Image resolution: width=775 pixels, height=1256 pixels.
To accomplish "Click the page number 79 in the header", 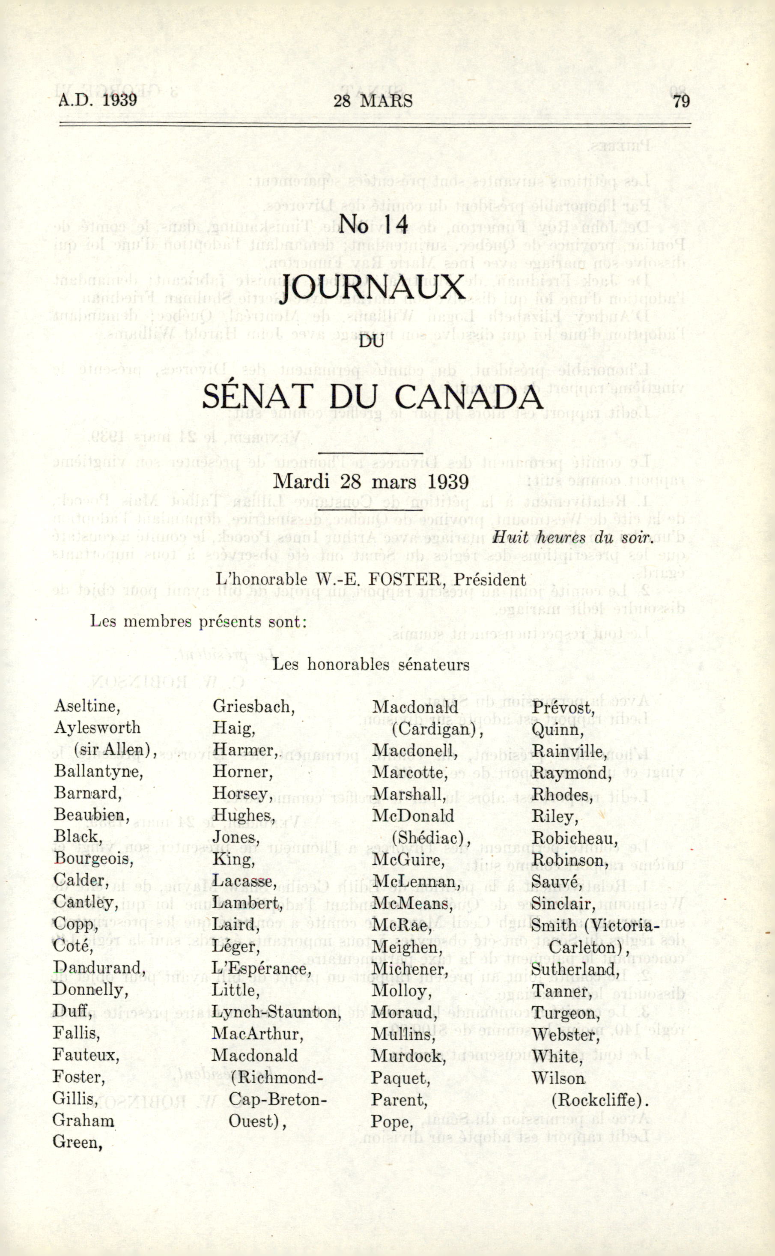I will tap(681, 101).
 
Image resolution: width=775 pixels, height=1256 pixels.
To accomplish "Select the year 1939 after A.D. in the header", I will tap(119, 99).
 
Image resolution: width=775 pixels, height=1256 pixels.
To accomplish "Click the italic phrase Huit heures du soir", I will tap(572, 537).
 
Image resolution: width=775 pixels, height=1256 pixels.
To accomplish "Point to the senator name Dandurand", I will tap(99, 968).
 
